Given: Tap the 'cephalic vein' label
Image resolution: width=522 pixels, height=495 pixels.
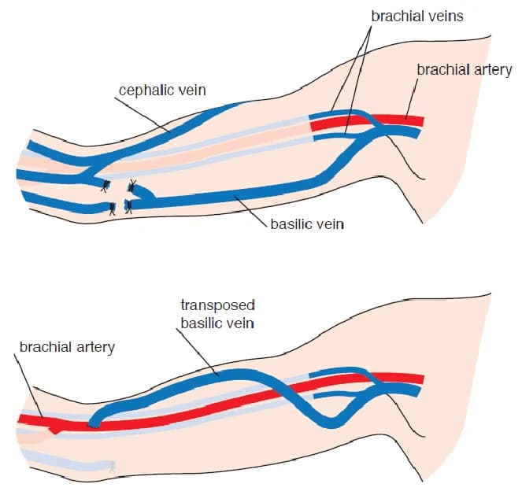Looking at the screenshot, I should pyautogui.click(x=162, y=90).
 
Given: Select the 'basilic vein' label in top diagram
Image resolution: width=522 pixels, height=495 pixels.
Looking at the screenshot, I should pyautogui.click(x=307, y=224).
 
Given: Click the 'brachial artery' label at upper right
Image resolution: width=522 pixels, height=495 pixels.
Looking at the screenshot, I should pyautogui.click(x=464, y=69).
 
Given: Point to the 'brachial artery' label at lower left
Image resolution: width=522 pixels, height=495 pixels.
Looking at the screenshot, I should pyautogui.click(x=67, y=347).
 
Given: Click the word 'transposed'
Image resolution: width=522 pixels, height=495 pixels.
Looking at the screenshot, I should pyautogui.click(x=218, y=305).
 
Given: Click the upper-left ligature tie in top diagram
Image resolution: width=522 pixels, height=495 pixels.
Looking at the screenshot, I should pyautogui.click(x=103, y=187).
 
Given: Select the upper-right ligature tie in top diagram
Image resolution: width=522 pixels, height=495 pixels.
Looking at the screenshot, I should pyautogui.click(x=131, y=187).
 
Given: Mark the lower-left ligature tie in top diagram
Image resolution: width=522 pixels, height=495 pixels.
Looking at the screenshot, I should pyautogui.click(x=114, y=208).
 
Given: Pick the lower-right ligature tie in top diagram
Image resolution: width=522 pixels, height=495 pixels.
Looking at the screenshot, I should pyautogui.click(x=129, y=207).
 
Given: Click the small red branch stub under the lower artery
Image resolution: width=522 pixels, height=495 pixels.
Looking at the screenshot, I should pyautogui.click(x=54, y=429).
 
